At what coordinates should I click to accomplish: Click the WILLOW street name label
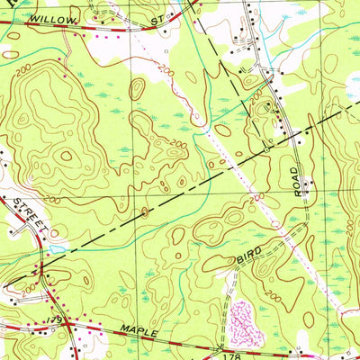point(46,17)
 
